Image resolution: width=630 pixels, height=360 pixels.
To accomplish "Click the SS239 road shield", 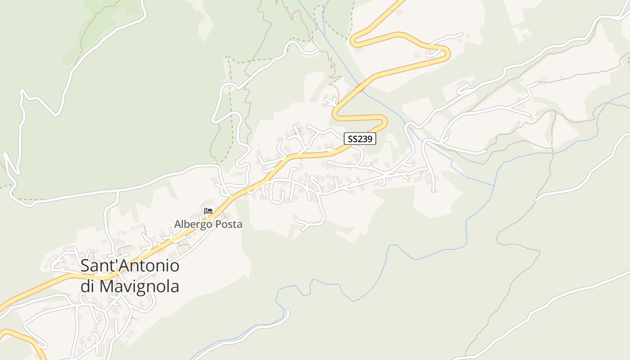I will pos(360,139).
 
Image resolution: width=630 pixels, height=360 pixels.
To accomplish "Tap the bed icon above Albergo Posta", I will pos(208,211).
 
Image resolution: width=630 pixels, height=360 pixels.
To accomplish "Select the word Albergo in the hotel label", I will pos(192,224).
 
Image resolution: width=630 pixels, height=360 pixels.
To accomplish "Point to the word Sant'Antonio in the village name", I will pos(130,266).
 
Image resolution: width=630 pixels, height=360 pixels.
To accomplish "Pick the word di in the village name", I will pos(87,286).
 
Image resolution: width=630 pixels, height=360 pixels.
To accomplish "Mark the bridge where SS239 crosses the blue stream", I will pos(360,88).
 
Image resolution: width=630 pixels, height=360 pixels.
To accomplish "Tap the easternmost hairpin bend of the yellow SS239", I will pos(447,54).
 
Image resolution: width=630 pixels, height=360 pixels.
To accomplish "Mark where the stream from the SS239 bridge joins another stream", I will pos(495,185).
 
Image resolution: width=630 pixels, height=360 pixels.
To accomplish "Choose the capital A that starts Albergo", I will pos(178,224).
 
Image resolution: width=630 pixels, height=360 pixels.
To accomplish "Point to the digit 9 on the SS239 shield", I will pos(370,139).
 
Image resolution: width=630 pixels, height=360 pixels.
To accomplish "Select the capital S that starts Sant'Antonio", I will pos(85,266).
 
